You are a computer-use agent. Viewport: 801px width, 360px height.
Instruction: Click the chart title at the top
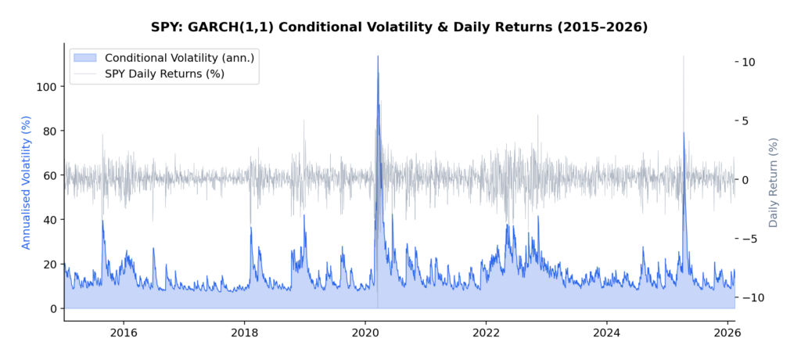[400, 27]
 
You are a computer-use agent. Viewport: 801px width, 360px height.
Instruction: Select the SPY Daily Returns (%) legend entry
[164, 74]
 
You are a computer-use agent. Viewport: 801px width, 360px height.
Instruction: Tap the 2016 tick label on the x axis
[124, 332]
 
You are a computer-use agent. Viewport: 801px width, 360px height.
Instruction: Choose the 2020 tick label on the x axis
[365, 332]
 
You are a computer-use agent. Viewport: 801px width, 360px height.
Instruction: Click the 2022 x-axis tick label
[486, 332]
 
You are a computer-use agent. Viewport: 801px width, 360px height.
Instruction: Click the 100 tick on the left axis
[47, 86]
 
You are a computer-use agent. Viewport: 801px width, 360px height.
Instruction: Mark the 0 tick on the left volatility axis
[53, 309]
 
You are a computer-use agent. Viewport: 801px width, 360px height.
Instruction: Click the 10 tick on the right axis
[748, 62]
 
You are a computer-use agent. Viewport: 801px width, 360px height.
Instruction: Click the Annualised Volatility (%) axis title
[26, 182]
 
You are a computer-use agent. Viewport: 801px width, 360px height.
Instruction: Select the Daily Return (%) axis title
[774, 182]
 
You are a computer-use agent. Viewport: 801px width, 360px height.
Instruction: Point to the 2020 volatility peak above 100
[378, 56]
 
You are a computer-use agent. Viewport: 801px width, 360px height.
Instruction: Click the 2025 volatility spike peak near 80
[684, 132]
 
